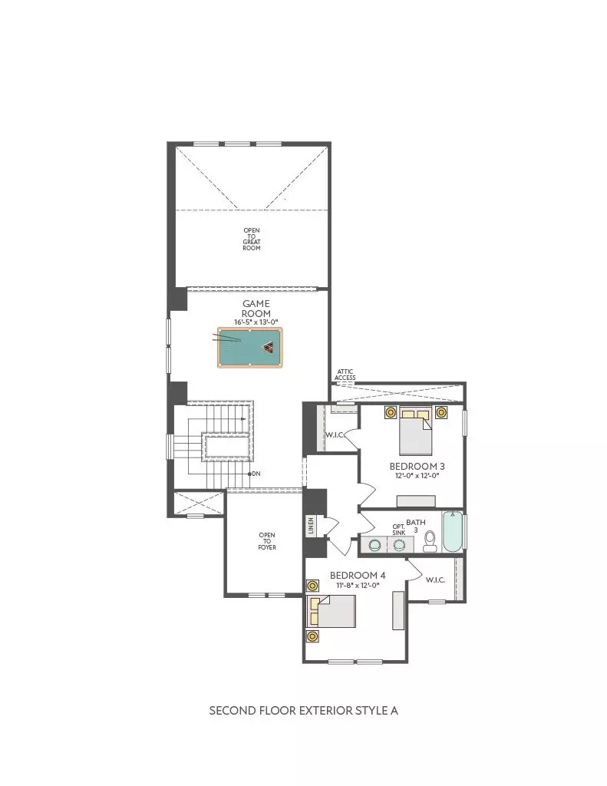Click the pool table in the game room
(249, 348)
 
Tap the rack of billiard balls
(268, 347)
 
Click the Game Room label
(256, 309)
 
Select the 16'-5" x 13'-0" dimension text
(256, 322)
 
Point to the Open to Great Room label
(252, 239)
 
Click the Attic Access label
(345, 375)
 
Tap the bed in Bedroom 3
(415, 431)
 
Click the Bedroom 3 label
(417, 466)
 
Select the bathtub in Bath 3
(453, 531)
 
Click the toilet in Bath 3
(430, 541)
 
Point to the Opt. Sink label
(399, 530)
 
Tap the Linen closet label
(311, 526)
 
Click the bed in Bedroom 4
(332, 611)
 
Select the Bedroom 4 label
(358, 576)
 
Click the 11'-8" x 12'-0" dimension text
(358, 585)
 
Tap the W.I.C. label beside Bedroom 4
(435, 580)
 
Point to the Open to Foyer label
(266, 541)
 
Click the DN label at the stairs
(256, 474)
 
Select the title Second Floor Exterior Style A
(303, 710)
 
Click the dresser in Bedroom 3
(416, 501)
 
